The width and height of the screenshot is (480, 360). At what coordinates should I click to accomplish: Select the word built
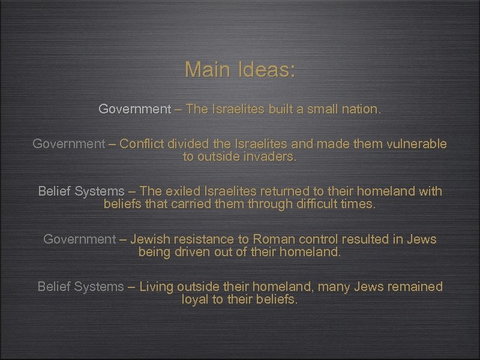(x=281, y=109)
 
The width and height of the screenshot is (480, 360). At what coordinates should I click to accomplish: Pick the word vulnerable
(x=415, y=144)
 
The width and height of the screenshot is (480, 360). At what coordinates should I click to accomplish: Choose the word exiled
(x=181, y=191)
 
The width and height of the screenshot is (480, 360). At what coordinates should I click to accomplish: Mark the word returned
(x=281, y=191)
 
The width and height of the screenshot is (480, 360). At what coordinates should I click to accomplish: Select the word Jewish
(x=149, y=239)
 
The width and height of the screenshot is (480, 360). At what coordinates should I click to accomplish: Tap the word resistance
(x=200, y=239)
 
